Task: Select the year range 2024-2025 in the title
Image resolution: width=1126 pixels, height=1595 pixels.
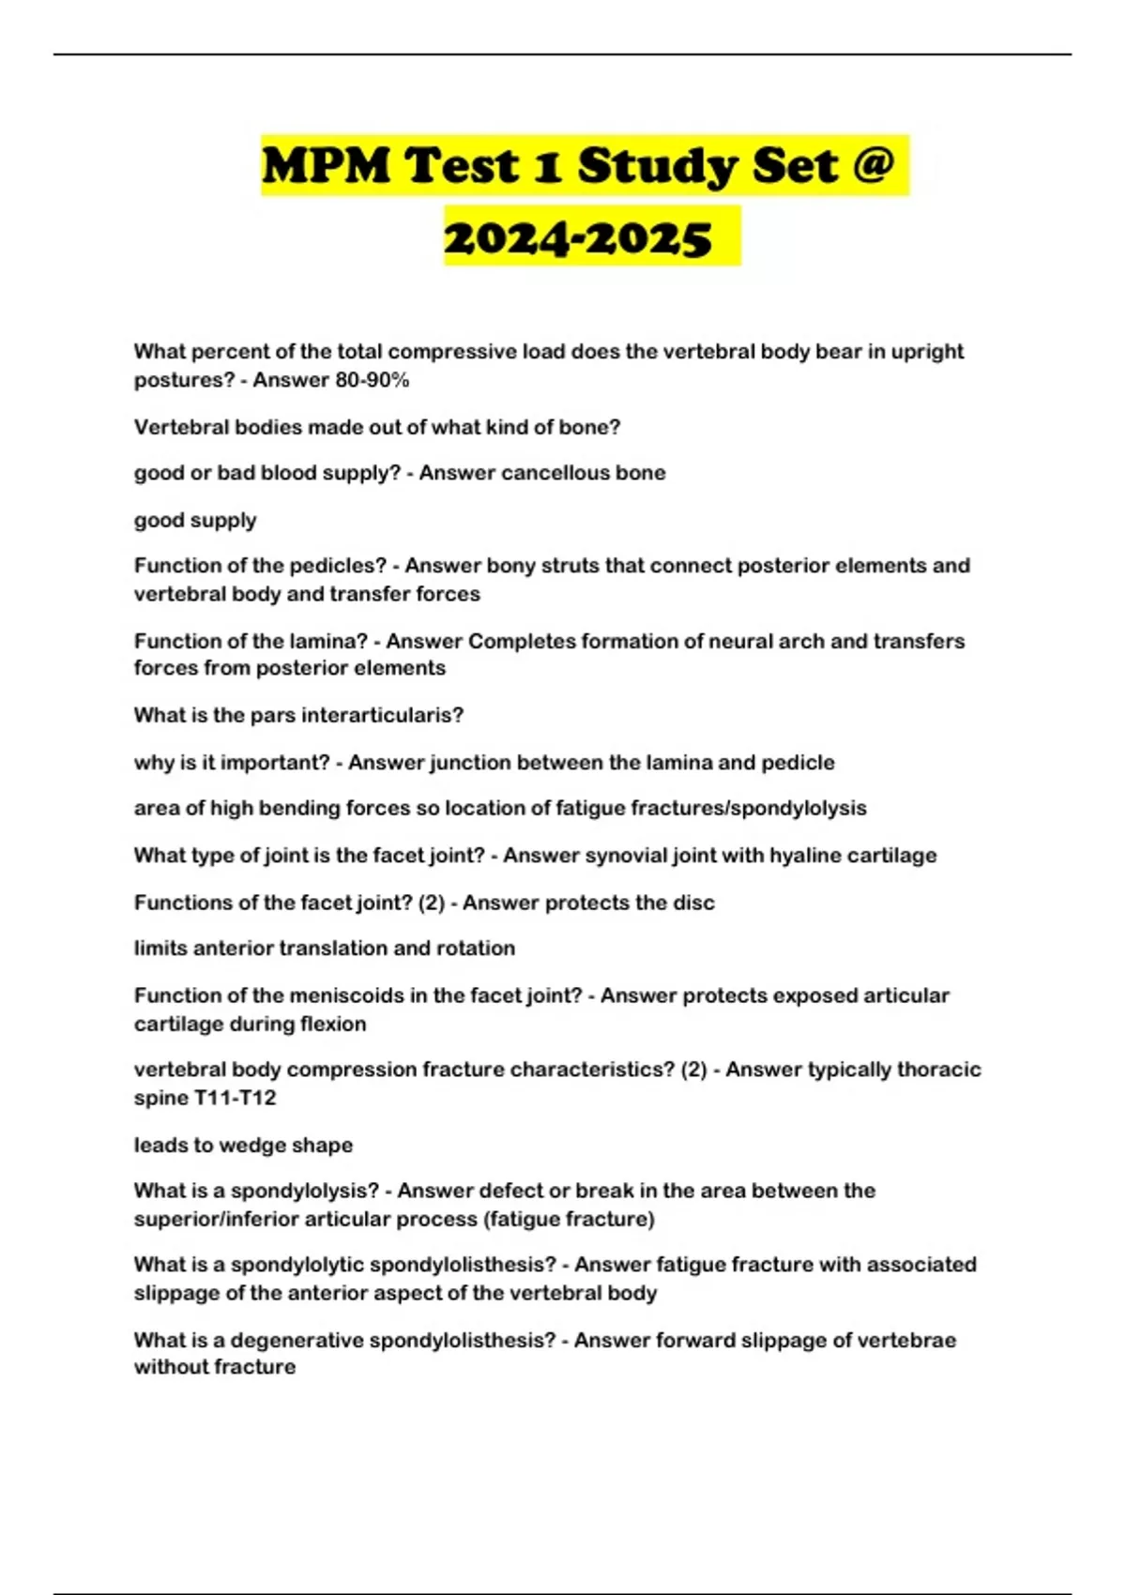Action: (578, 238)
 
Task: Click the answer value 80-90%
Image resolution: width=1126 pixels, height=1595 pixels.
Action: (372, 380)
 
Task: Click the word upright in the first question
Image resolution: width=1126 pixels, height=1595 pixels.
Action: (927, 352)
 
